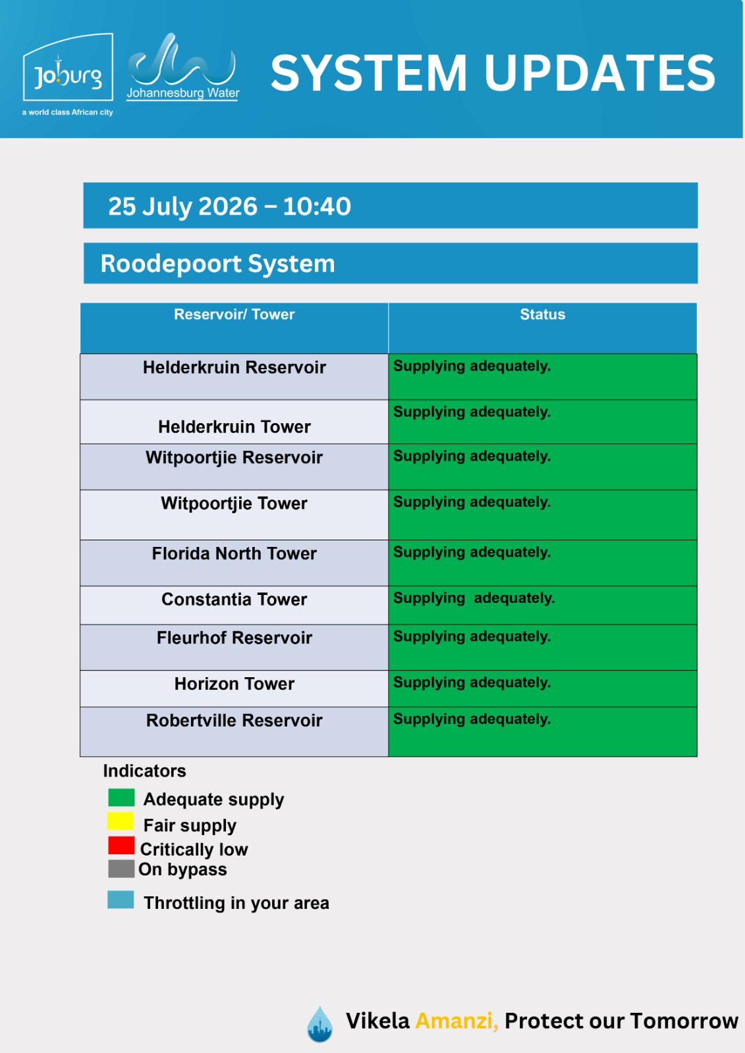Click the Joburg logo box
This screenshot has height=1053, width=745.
click(x=68, y=66)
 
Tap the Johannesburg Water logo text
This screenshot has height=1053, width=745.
click(x=183, y=93)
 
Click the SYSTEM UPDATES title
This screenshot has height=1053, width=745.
click(x=493, y=73)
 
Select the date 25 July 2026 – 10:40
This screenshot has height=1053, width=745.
click(x=230, y=206)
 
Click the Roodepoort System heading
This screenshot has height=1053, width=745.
click(x=217, y=263)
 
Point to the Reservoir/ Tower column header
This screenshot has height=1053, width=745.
click(x=235, y=314)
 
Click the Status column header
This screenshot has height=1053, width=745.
click(x=543, y=314)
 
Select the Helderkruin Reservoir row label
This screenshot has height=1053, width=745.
click(x=235, y=367)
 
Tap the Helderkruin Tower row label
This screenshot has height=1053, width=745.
click(x=235, y=427)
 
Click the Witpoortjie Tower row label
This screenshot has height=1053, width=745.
click(x=235, y=503)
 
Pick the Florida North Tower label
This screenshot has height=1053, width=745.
click(x=235, y=553)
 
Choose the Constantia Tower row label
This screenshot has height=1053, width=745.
click(x=235, y=600)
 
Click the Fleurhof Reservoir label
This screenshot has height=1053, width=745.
click(x=235, y=638)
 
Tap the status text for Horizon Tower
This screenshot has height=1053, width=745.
click(x=472, y=682)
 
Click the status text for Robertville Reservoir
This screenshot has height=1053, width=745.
click(x=472, y=719)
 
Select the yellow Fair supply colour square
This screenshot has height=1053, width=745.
click(x=121, y=821)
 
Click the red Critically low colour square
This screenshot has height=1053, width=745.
click(x=121, y=845)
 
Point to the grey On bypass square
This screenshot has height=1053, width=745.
click(x=121, y=869)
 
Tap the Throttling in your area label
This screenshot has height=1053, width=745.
click(x=236, y=903)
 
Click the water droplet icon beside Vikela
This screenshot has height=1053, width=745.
click(x=319, y=1024)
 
